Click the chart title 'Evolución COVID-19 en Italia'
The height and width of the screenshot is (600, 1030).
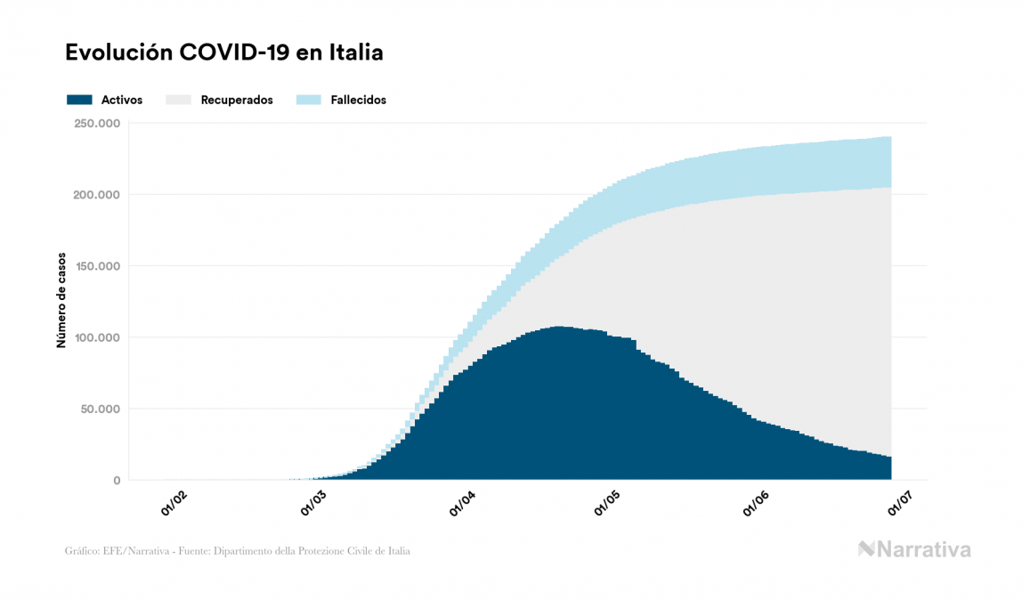point(224,53)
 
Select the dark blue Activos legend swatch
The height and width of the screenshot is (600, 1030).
point(79,100)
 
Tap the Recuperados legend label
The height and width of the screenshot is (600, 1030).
point(237,100)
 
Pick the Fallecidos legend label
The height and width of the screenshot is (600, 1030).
point(359,100)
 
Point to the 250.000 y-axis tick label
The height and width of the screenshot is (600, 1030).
point(97,123)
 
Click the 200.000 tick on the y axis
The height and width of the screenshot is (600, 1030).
point(97,194)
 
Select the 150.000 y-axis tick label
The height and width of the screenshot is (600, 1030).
point(97,266)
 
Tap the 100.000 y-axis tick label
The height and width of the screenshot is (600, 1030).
point(97,337)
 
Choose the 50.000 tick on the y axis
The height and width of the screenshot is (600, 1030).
point(100,409)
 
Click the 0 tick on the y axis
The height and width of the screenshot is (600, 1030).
point(117,481)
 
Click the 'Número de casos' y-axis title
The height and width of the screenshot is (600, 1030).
point(61,302)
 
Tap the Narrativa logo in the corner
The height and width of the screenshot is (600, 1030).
point(914,549)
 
